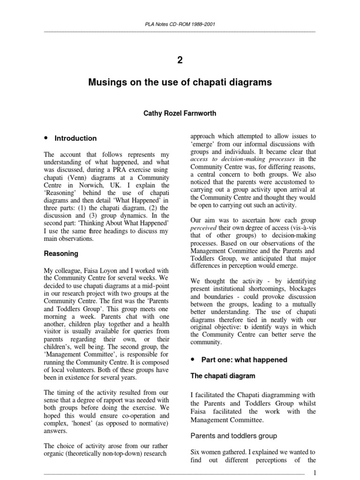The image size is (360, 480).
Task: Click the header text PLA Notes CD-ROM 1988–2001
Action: [x=180, y=24]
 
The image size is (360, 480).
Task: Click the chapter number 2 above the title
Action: [x=180, y=60]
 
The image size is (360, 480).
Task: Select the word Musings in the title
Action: [x=107, y=83]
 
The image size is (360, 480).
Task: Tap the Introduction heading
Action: [x=75, y=138]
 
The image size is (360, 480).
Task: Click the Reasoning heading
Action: [x=61, y=254]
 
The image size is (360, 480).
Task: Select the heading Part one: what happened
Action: [x=244, y=360]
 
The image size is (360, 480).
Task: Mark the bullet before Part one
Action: [x=193, y=360]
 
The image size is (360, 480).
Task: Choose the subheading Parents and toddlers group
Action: [x=233, y=435]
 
